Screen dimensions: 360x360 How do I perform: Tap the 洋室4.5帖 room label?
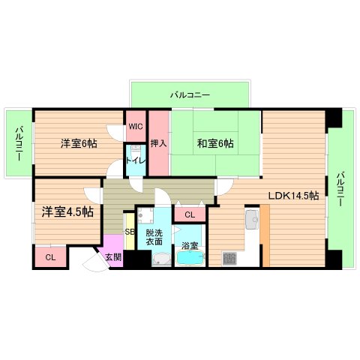(68, 212)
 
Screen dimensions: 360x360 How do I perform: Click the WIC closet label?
(136, 126)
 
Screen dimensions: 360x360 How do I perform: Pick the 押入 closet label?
(157, 142)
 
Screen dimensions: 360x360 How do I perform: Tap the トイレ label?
(136, 160)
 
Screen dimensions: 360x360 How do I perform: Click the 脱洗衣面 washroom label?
(154, 238)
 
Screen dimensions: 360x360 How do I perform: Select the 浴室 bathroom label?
(190, 246)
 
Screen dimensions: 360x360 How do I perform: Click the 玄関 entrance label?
(112, 257)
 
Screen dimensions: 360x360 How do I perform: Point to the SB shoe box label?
(129, 232)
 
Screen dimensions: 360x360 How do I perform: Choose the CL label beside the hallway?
(190, 215)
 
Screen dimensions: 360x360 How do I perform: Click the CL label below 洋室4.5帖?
(49, 258)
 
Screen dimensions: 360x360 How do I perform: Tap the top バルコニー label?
(190, 95)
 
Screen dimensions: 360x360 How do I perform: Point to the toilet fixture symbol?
(136, 170)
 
